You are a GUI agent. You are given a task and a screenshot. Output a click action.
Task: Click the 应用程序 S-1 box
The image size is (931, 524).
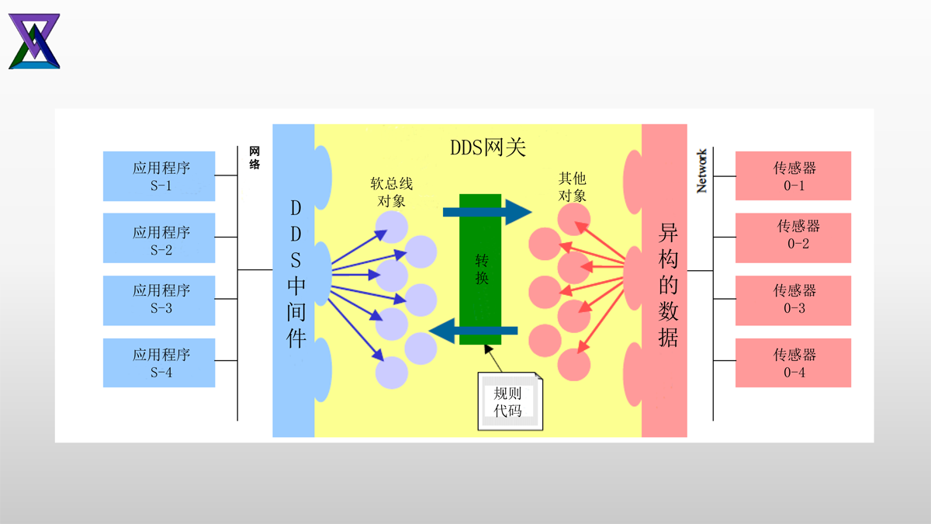[x=159, y=176]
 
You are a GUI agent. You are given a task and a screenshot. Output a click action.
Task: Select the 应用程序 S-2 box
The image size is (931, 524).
[x=159, y=241]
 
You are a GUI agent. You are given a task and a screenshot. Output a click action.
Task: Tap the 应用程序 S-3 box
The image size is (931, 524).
[x=159, y=300]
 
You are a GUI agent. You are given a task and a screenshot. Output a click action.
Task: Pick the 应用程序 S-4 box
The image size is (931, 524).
[x=159, y=363]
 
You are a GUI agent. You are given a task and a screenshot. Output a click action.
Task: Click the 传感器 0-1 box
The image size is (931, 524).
[x=793, y=176]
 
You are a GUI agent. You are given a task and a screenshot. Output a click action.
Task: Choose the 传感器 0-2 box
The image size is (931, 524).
[x=793, y=235]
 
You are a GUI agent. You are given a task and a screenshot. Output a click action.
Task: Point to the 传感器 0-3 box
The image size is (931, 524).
[x=793, y=300]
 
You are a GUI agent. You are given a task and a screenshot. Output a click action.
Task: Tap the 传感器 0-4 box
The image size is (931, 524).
[x=793, y=363]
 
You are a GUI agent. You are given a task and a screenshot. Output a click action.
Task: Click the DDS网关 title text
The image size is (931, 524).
[x=488, y=148]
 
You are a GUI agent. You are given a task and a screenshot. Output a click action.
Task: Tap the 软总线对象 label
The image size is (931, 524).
[x=392, y=192]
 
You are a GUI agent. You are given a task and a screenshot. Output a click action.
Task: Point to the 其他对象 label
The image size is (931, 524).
[x=572, y=187]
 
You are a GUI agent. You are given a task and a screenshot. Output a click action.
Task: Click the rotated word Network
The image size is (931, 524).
[x=701, y=171]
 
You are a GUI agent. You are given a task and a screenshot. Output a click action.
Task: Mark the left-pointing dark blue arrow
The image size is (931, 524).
[x=474, y=331]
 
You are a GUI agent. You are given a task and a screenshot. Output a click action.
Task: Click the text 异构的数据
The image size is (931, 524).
[x=668, y=284]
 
